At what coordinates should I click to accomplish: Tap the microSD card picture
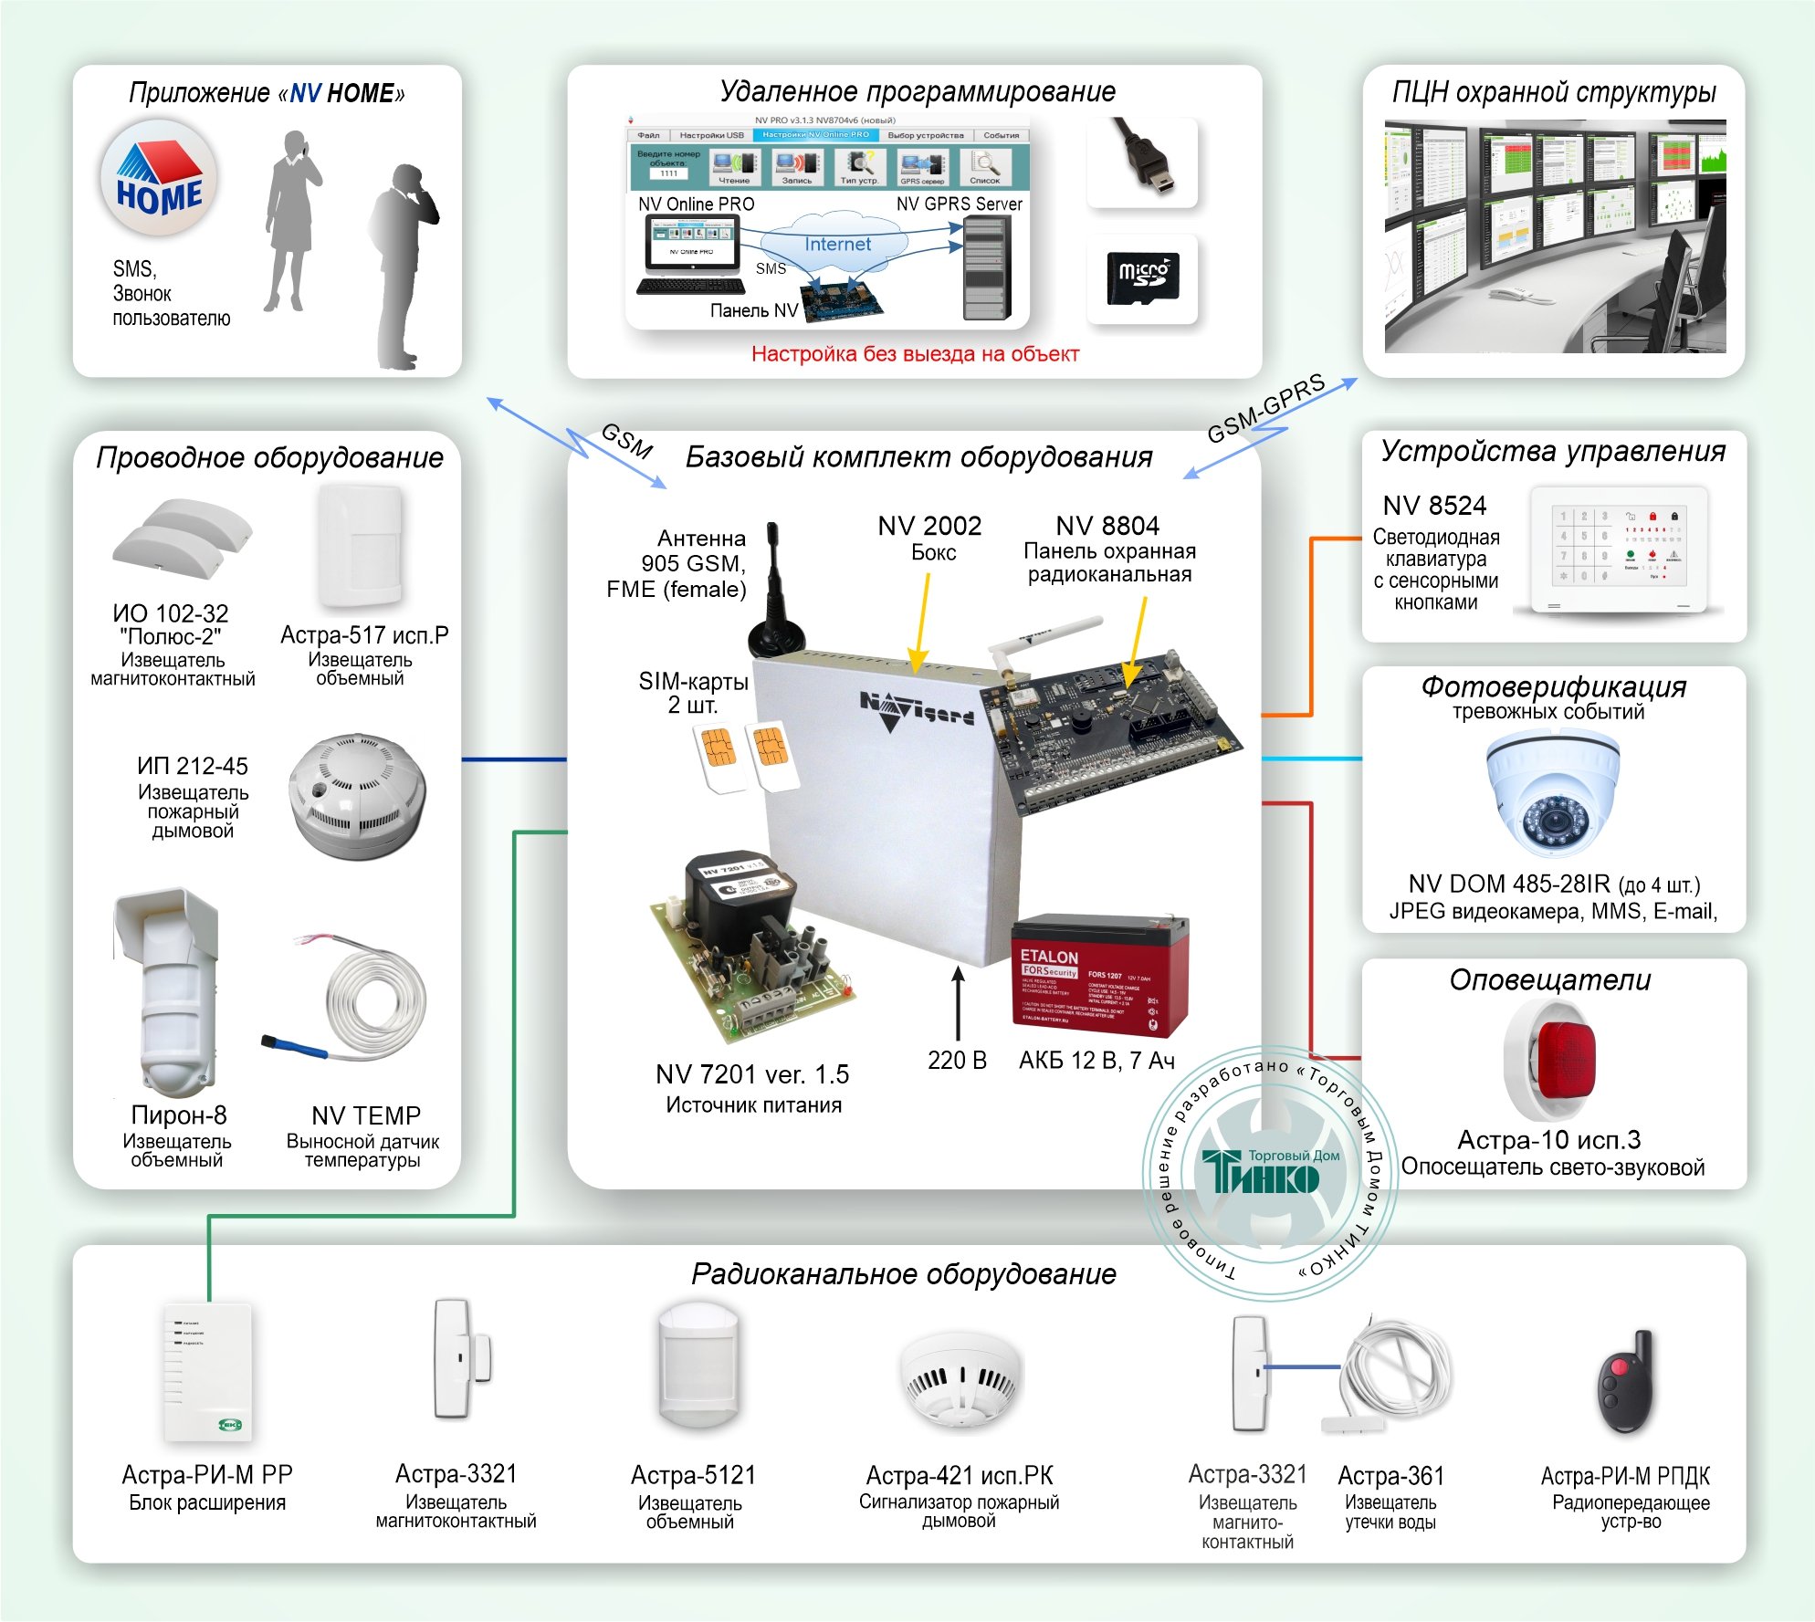tap(1142, 277)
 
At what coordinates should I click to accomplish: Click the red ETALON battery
tap(1099, 978)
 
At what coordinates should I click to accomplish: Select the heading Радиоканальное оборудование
tap(903, 1273)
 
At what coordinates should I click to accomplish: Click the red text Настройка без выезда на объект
tap(915, 354)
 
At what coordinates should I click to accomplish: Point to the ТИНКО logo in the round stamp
tap(1268, 1173)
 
